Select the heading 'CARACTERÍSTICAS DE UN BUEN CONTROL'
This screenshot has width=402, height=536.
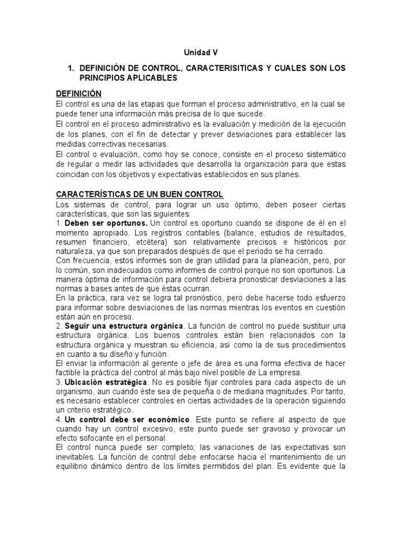[x=139, y=194]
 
